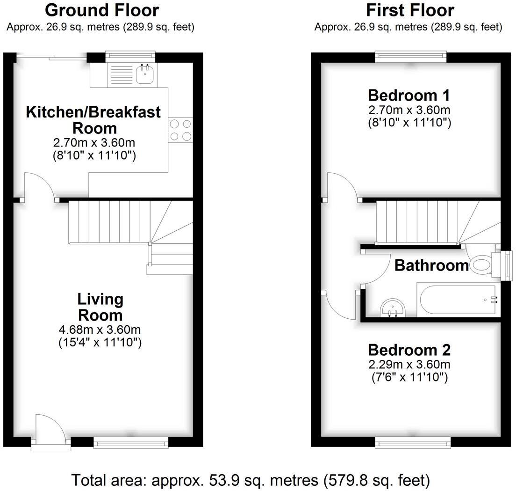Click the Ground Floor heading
point(102,10)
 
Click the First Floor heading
point(410,10)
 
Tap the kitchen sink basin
point(145,74)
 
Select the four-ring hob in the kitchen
point(180,130)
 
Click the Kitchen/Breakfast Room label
point(93,119)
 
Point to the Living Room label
point(100,307)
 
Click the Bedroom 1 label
point(409,95)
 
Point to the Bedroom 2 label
point(409,350)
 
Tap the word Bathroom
point(431,266)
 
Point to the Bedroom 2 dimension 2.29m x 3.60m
point(409,365)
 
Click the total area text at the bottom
point(251,480)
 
